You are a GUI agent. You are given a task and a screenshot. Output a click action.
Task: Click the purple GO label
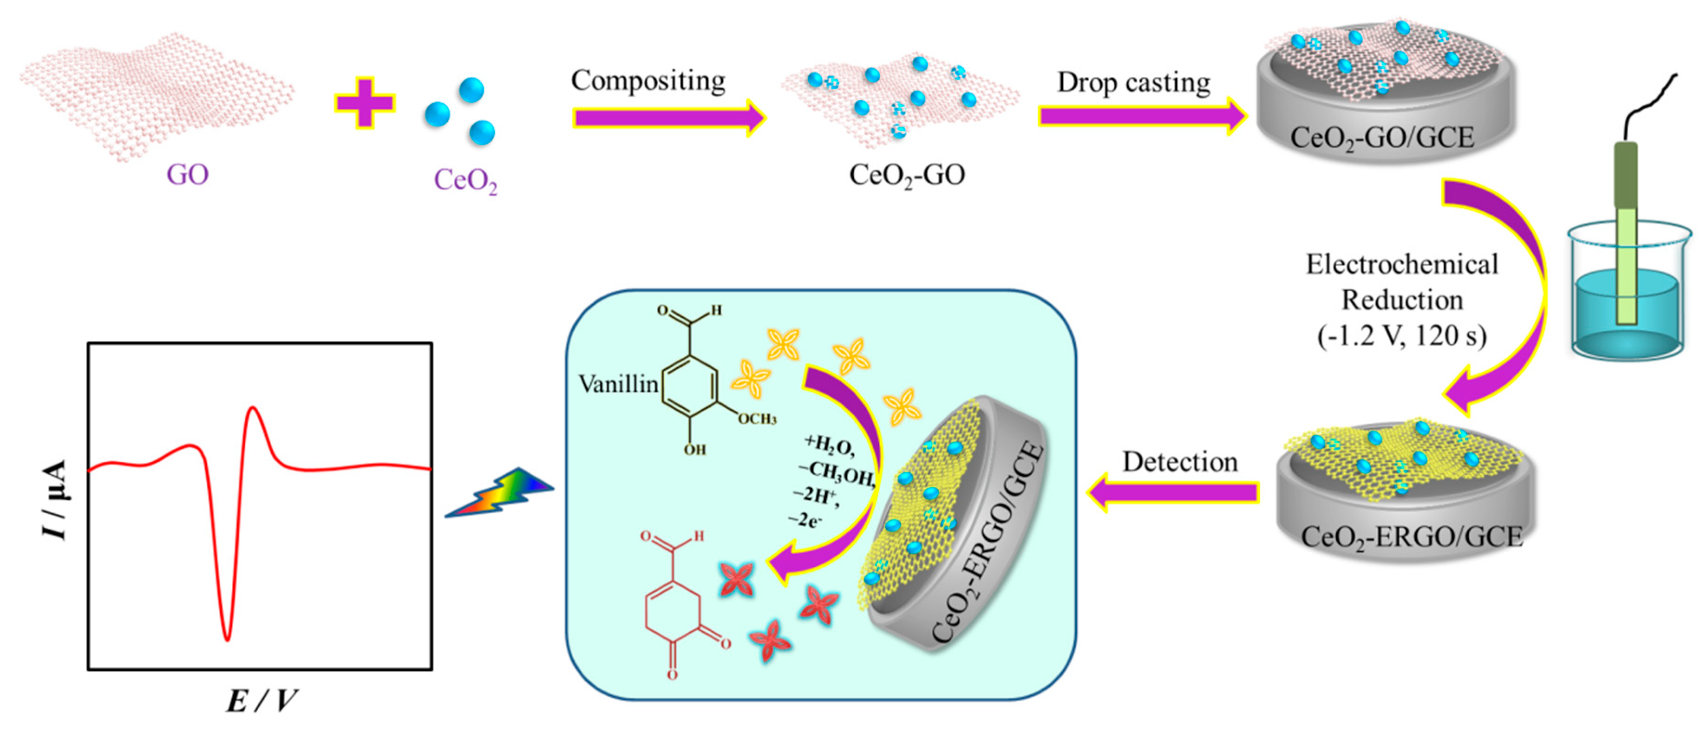pos(188,175)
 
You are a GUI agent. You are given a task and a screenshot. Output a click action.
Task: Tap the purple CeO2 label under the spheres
pos(465,180)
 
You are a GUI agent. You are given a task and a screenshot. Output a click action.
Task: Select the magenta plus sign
pos(365,103)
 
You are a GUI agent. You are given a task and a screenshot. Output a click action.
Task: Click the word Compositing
pos(648,81)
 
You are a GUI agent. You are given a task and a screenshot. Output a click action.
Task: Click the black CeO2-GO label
pos(907,176)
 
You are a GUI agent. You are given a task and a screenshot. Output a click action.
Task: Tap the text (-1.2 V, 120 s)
pos(1401,336)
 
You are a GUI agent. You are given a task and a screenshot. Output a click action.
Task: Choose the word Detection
pos(1179,462)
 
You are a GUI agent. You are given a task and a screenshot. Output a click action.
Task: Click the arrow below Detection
pos(1173,492)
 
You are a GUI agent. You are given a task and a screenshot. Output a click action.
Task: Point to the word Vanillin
pos(618,384)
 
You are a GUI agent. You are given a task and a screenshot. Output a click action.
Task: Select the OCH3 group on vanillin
pos(757,419)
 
